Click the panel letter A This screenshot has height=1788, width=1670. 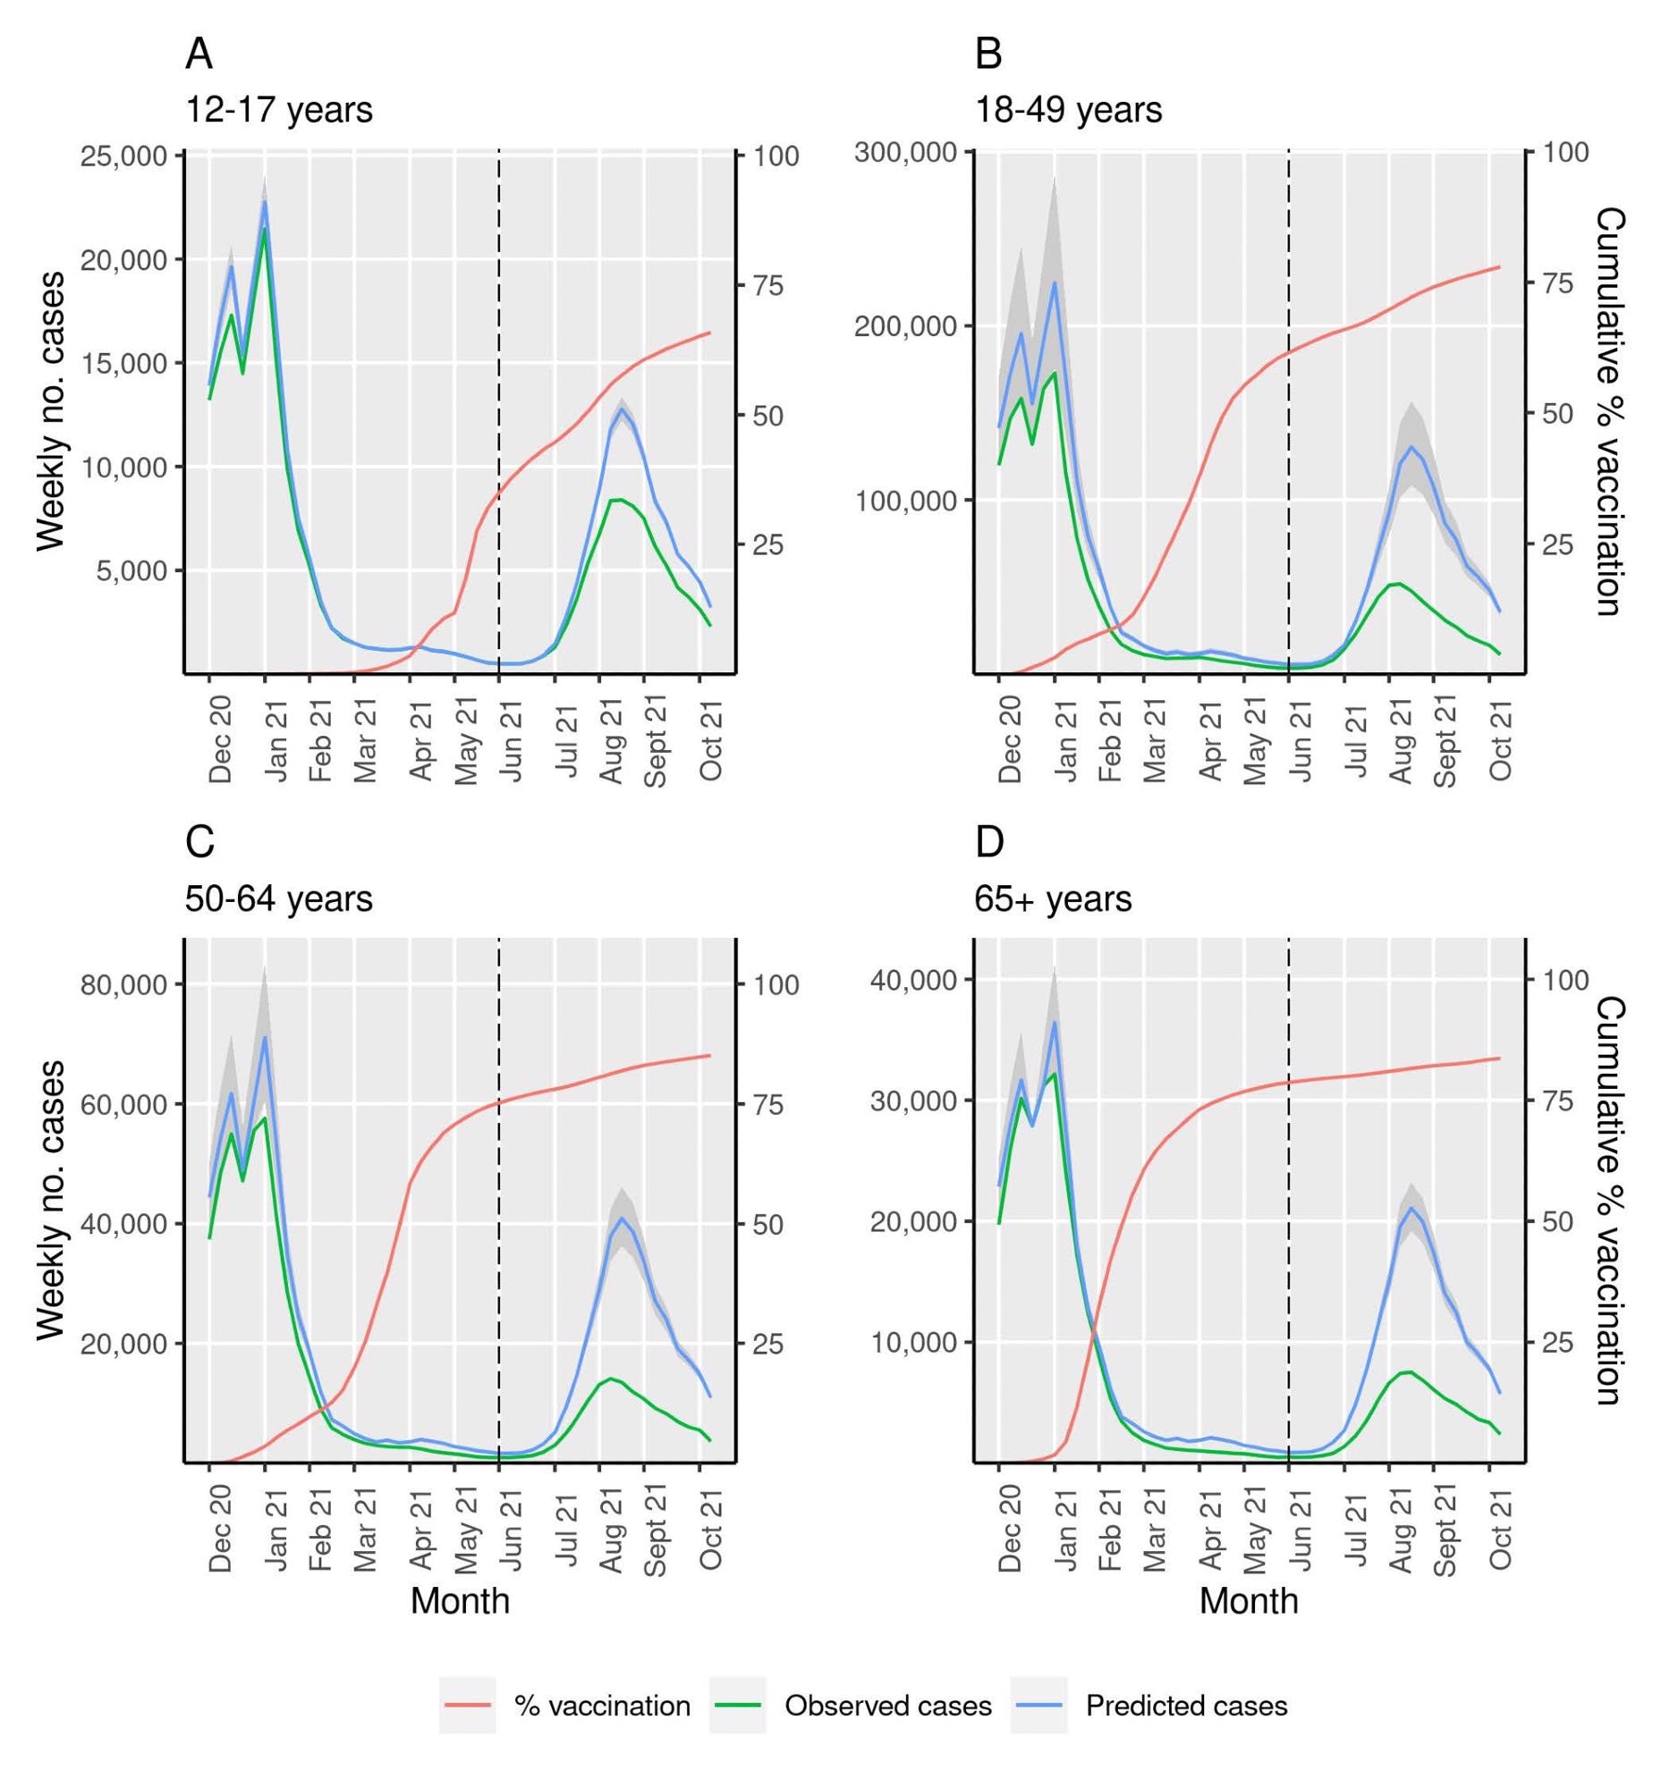(x=199, y=55)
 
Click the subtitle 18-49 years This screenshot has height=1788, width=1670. (x=1068, y=111)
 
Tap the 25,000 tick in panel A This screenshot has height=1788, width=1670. (x=123, y=156)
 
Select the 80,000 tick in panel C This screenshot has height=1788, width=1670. (x=123, y=984)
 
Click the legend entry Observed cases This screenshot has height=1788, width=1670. (x=887, y=1706)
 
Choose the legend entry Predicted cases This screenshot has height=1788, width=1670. (x=1186, y=1706)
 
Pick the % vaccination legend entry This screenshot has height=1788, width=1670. (x=602, y=1706)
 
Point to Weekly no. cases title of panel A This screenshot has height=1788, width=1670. (x=52, y=411)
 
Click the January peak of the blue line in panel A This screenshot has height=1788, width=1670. (x=265, y=202)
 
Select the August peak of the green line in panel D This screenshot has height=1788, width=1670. (x=1409, y=1371)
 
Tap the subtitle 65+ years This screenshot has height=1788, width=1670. (x=1053, y=898)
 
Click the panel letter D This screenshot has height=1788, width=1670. (x=989, y=843)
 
